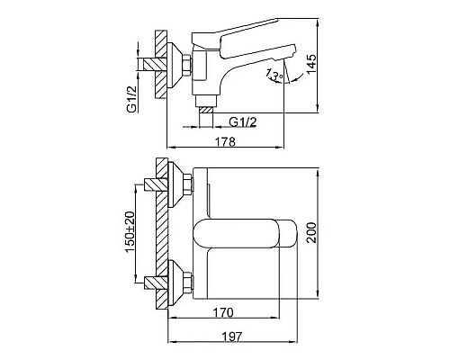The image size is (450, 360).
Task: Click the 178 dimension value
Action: tap(225, 141)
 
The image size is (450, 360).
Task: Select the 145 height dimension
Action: tap(310, 64)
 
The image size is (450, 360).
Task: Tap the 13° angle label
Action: tap(274, 75)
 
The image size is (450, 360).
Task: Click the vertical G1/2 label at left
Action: tap(131, 99)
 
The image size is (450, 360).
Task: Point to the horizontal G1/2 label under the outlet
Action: tap(243, 121)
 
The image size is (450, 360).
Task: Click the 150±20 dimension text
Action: tap(130, 232)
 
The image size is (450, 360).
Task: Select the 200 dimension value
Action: tap(311, 233)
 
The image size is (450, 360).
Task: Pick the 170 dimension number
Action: tap(223, 312)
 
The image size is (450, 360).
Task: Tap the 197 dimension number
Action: tap(232, 337)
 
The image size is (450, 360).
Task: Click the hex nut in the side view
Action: tap(186, 65)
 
